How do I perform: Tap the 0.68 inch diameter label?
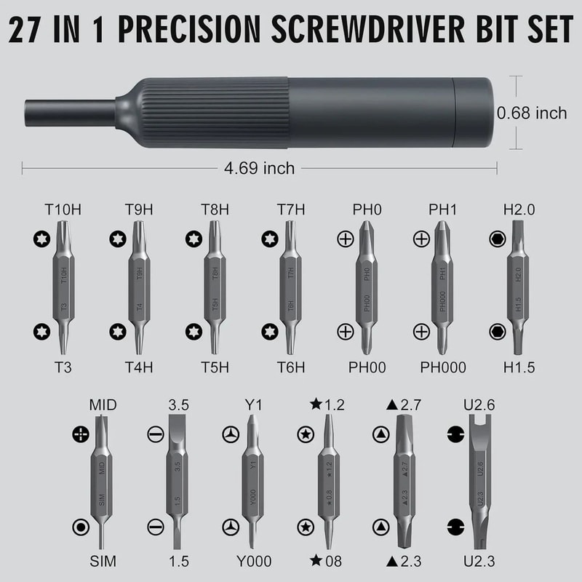click(x=532, y=113)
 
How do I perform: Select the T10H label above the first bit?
click(x=63, y=210)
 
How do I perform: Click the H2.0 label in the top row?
click(x=519, y=210)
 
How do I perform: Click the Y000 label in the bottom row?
click(x=253, y=561)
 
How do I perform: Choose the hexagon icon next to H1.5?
click(x=496, y=331)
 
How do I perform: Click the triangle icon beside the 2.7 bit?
click(x=380, y=434)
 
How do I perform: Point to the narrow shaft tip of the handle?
click(x=69, y=113)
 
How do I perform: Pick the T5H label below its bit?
click(x=214, y=367)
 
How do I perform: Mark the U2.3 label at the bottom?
click(x=477, y=561)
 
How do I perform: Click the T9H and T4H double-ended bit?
click(x=139, y=287)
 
